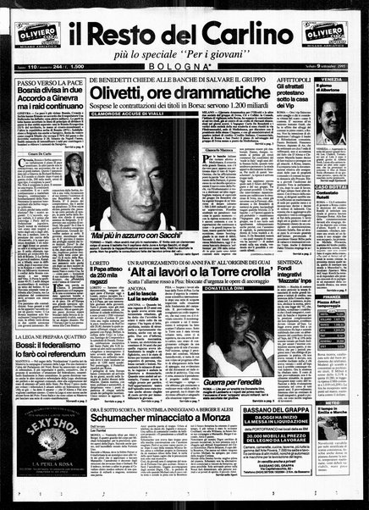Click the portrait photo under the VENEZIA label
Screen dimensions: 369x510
329,128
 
